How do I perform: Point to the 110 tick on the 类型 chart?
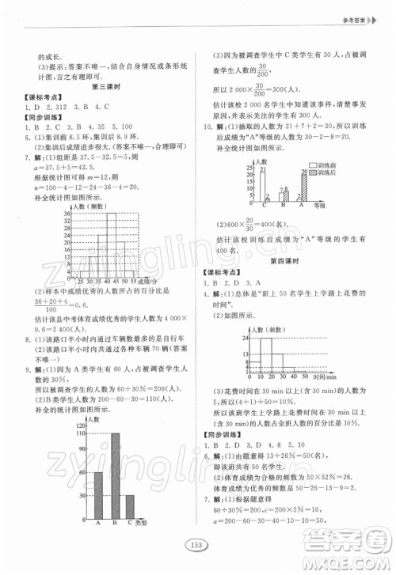coord(80,435)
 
